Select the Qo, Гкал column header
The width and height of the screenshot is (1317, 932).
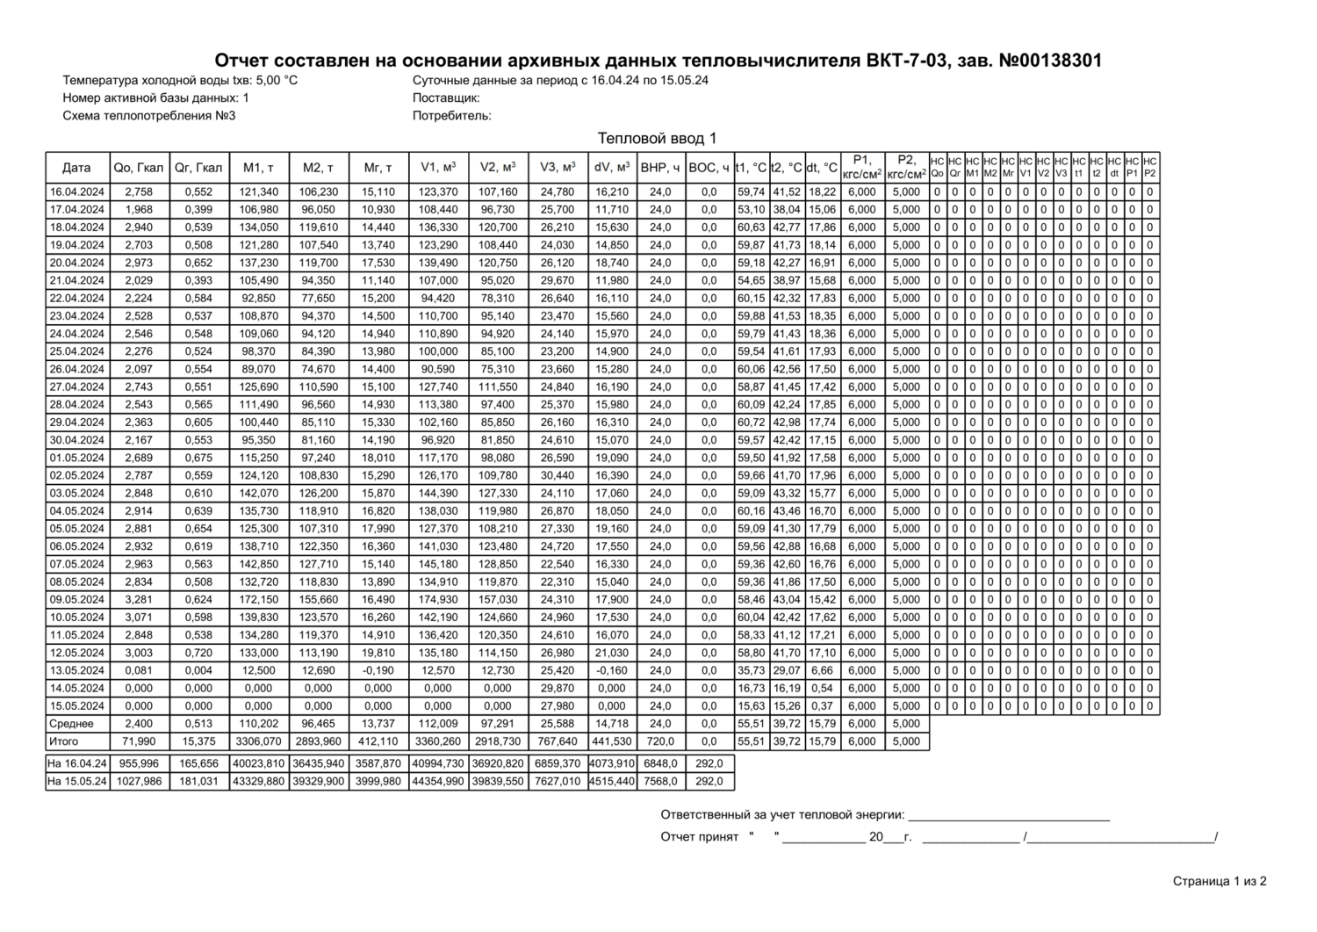139,167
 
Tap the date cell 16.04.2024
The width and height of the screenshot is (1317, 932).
77,191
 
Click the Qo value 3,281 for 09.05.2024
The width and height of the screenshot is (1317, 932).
139,599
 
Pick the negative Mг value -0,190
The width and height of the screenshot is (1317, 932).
378,670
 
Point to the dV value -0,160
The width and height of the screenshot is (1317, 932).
612,670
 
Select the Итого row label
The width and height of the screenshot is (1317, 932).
63,741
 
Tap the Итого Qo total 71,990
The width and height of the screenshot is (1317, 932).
139,741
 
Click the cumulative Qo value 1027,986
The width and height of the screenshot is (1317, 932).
139,781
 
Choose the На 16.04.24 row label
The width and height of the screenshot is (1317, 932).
77,763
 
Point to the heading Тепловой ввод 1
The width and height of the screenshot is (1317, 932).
658,139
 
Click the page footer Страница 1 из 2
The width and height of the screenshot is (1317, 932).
1220,881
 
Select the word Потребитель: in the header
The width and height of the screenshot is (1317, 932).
452,115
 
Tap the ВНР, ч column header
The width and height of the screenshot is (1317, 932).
660,167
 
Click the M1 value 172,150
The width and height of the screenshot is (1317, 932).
258,599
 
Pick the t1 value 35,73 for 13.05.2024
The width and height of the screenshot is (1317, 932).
751,670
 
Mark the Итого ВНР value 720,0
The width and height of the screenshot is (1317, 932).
660,741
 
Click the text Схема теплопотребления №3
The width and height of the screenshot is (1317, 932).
149,115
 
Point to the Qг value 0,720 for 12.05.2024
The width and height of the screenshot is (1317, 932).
198,653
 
